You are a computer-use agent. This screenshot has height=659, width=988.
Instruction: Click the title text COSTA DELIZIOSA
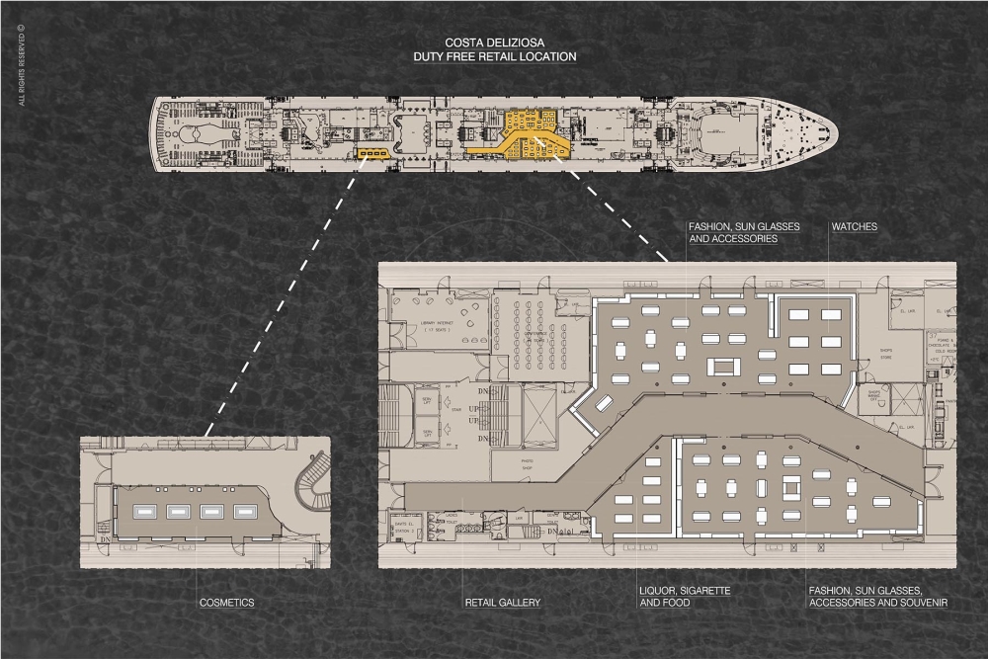tap(494, 43)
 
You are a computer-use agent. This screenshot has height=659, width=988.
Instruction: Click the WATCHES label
tap(855, 226)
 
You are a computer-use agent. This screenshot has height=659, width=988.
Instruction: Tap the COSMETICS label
tap(226, 602)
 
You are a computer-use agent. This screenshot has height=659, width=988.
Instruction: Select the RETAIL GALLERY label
tap(503, 602)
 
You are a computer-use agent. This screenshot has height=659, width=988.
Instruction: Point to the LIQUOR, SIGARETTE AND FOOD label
tap(685, 596)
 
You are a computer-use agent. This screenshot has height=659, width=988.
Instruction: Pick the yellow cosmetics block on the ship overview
tap(372, 153)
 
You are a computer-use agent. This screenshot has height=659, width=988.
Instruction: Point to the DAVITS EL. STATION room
tap(402, 525)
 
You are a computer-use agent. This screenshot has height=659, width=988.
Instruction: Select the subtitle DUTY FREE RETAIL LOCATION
tap(494, 57)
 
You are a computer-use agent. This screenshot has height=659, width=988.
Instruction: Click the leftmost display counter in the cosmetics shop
tap(144, 511)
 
